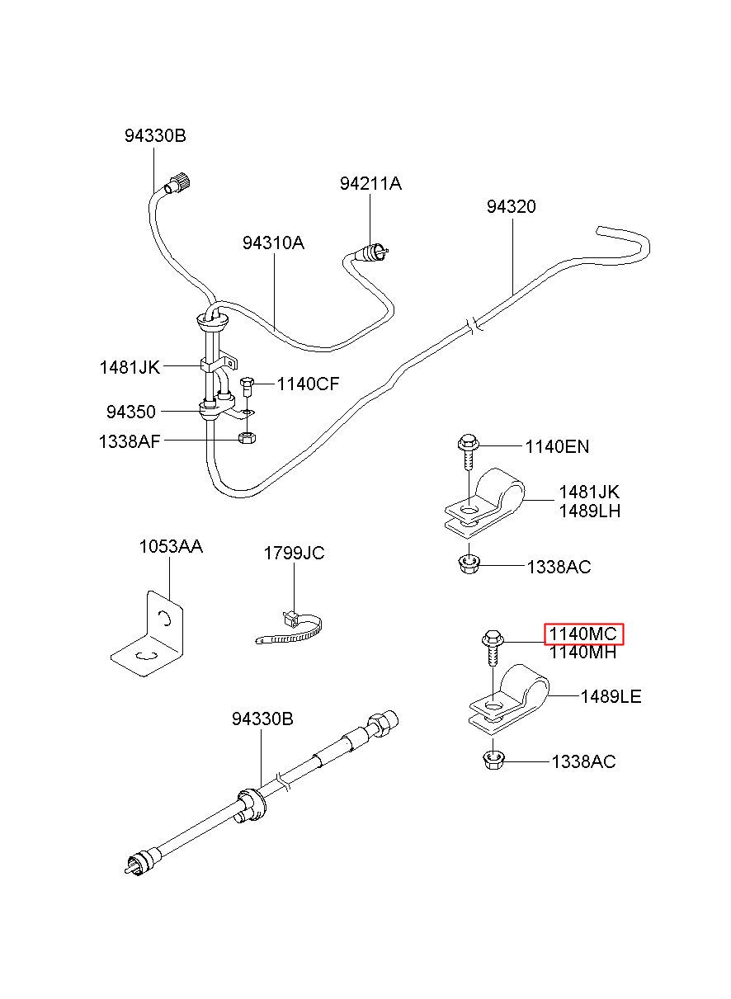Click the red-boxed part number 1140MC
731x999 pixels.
(583, 634)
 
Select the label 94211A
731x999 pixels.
(370, 184)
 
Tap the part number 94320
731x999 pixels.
(511, 206)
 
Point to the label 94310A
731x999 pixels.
(273, 243)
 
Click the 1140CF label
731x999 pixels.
(309, 384)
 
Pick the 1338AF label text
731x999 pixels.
(130, 441)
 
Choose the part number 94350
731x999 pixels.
(130, 412)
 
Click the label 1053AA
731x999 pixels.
(171, 546)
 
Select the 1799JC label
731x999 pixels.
(294, 553)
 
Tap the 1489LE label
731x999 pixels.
(611, 696)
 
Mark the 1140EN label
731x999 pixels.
(557, 446)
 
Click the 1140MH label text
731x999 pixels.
(583, 653)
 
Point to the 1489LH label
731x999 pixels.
(590, 511)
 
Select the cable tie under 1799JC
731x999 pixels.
(290, 629)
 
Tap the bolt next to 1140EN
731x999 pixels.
(469, 452)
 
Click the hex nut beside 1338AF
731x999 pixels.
(247, 438)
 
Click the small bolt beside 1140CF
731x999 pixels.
(247, 387)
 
